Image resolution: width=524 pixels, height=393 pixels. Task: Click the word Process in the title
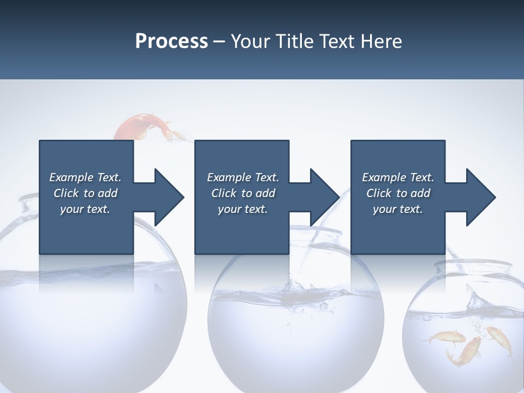tap(171, 41)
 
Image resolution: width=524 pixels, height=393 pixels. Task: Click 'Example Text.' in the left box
tap(85, 177)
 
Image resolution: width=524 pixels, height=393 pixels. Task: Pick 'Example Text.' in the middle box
tap(243, 177)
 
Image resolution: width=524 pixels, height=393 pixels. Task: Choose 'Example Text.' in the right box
tap(398, 177)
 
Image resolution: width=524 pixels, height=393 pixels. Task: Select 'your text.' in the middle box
tap(243, 209)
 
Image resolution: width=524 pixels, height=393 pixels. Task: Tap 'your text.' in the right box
tap(398, 209)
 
